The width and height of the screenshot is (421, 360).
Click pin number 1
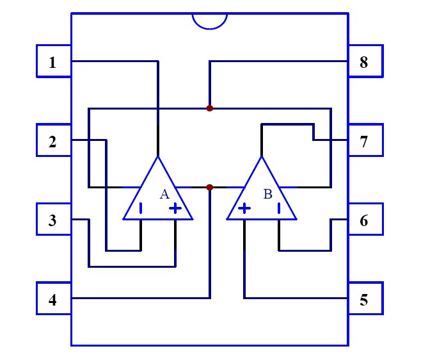coord(53,62)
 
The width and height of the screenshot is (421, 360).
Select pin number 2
coord(53,141)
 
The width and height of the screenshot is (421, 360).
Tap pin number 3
coord(53,220)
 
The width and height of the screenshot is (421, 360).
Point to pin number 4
coord(53,299)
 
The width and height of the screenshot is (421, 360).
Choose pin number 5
coord(365,299)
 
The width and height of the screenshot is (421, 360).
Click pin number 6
coord(365,220)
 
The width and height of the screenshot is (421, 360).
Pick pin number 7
coord(365,141)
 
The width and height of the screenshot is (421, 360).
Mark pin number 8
coord(365,62)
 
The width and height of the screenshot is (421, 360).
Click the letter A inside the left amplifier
coord(164,193)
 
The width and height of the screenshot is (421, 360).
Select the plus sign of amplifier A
coord(175,208)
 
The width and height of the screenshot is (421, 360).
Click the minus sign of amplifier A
coord(141,208)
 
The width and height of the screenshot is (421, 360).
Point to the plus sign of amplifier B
coord(244,208)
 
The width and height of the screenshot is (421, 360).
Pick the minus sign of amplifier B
coord(279,208)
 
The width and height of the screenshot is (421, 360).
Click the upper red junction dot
coord(210,108)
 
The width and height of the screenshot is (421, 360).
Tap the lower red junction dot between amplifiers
coord(210,187)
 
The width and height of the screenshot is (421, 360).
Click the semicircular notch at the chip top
coord(210,20)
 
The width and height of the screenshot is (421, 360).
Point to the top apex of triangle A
coord(158,157)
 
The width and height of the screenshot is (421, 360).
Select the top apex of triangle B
coord(262,157)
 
